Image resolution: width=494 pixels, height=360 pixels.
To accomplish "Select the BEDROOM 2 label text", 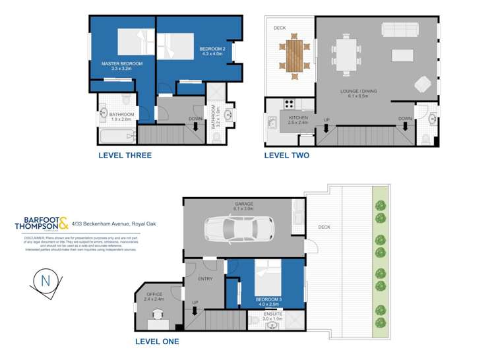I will (214, 49).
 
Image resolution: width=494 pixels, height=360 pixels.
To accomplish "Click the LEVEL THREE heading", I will (125, 156).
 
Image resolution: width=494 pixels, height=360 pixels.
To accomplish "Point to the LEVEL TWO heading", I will (286, 156).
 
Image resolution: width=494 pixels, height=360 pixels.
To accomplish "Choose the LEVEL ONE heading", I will (156, 342).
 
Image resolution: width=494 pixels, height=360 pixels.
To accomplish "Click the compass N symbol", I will (46, 280).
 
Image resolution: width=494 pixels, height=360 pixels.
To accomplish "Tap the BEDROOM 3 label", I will (269, 300).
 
